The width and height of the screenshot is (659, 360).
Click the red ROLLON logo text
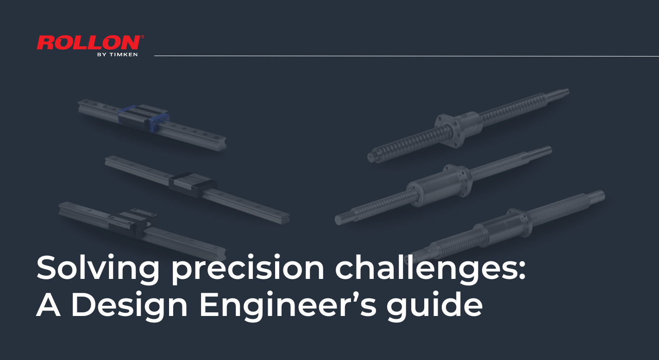pyautogui.click(x=89, y=43)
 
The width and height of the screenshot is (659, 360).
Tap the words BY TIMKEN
pyautogui.click(x=118, y=54)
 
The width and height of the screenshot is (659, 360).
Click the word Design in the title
pyautogui.click(x=129, y=305)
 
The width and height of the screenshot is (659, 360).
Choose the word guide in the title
pyautogui.click(x=435, y=305)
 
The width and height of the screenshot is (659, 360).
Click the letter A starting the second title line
pyautogui.click(x=49, y=305)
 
